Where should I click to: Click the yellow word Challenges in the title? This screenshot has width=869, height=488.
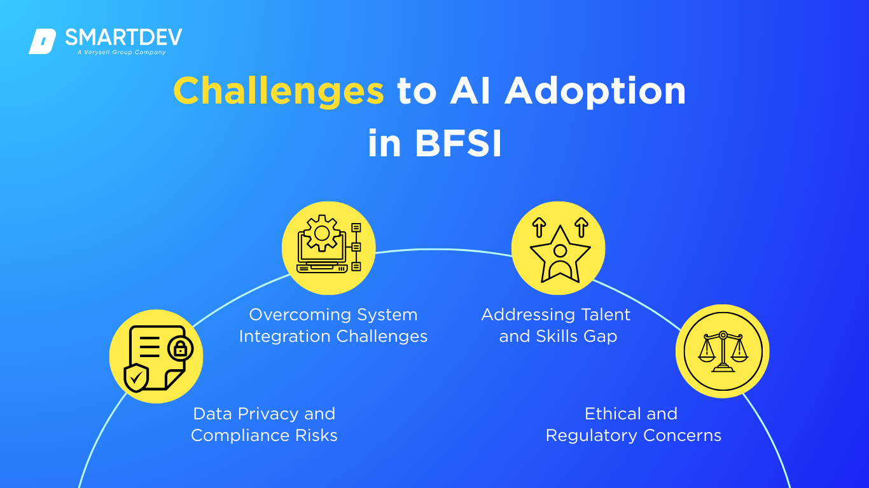tap(278, 91)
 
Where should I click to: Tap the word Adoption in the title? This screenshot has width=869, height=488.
tap(595, 91)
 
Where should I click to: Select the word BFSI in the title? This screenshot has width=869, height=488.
tap(458, 144)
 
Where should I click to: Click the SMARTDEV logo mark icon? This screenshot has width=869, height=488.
tap(42, 41)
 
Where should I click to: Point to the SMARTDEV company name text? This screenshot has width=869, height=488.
tap(123, 37)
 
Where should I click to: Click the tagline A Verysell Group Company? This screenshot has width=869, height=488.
tap(122, 53)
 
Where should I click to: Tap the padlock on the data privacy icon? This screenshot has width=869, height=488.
tap(180, 348)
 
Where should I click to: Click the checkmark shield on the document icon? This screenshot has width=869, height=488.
tap(136, 378)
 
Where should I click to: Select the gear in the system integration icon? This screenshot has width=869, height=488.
tap(321, 233)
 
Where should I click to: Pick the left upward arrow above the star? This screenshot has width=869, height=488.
tap(539, 226)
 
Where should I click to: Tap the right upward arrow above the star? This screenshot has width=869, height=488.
tap(581, 226)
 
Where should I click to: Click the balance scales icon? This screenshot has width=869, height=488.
tap(723, 351)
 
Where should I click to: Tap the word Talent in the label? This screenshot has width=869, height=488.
tap(601, 315)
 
